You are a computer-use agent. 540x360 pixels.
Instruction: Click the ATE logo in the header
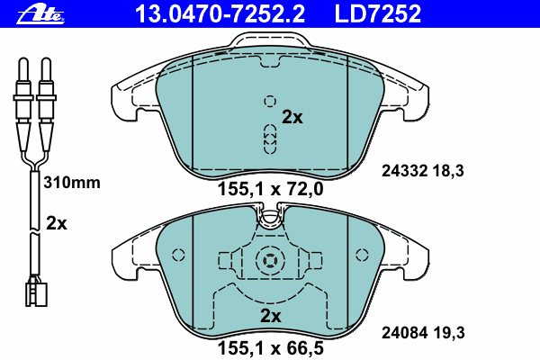click(40, 14)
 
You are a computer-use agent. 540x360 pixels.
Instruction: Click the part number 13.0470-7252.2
click(220, 14)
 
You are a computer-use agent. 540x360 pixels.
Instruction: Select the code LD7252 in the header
click(378, 14)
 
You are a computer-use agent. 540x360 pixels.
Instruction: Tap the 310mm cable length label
click(72, 183)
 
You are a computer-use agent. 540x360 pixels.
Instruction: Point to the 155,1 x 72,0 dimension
click(270, 189)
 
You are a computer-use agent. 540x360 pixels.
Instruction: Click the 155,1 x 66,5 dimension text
click(270, 348)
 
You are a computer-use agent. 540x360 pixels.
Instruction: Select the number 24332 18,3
click(423, 171)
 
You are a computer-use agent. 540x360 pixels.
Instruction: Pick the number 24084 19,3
click(423, 333)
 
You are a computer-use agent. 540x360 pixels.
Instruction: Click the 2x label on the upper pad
click(292, 117)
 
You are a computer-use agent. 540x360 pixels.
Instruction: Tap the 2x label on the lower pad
click(270, 316)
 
